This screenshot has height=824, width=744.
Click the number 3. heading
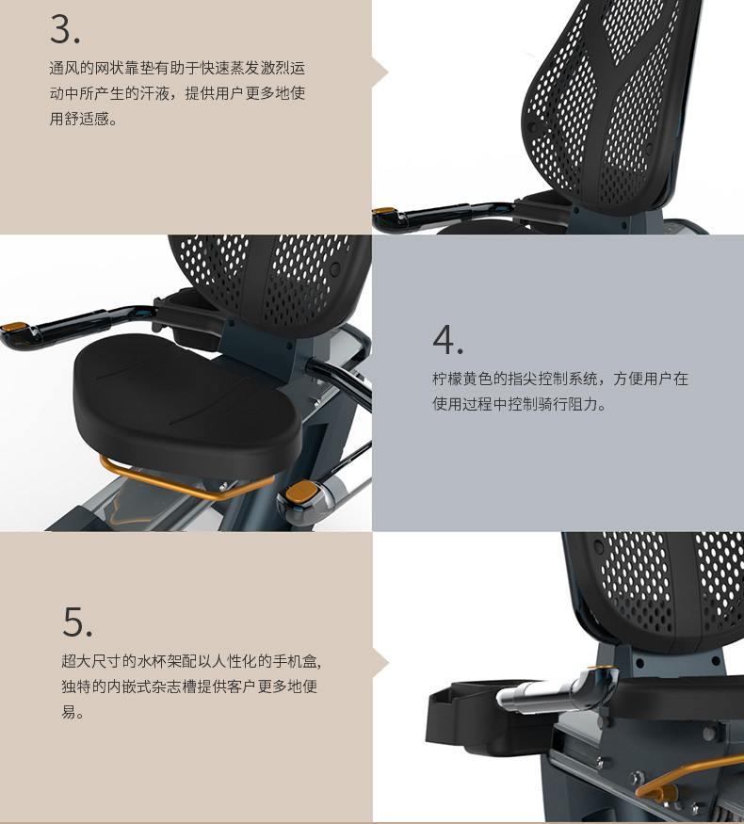coord(65,29)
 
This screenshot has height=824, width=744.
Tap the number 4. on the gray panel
coord(447,339)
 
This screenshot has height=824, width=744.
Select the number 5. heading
coord(77,622)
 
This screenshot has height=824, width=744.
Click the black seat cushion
coord(187,404)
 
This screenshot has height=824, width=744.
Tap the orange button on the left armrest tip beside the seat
coord(14,328)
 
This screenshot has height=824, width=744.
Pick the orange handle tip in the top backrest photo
coord(383,211)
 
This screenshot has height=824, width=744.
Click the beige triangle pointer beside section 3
coord(380,73)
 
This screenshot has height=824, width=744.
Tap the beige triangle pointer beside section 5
coord(380,663)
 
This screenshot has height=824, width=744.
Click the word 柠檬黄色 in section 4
coord(462,379)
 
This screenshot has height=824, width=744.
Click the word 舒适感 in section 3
coord(87,119)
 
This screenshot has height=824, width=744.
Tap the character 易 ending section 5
coord(69,712)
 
